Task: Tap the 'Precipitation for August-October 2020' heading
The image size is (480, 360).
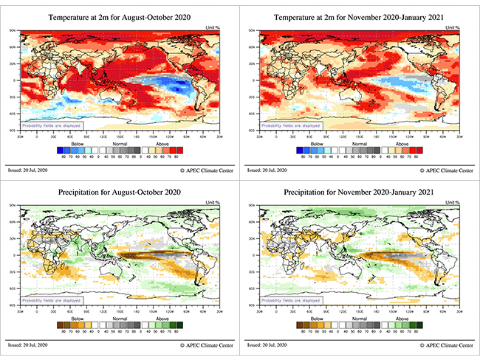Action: click(x=120, y=194)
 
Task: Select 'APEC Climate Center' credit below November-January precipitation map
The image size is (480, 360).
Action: click(x=442, y=345)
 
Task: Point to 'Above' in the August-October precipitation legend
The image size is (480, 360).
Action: click(x=165, y=319)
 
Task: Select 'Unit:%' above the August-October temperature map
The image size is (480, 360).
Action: click(x=212, y=27)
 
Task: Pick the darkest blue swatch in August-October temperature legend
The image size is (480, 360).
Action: click(x=61, y=151)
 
